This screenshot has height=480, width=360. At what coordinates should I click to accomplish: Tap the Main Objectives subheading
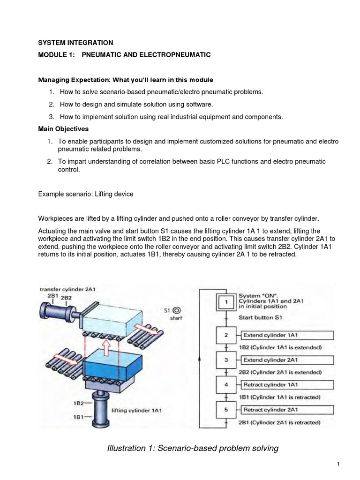63,128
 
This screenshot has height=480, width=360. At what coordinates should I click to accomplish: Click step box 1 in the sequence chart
226,302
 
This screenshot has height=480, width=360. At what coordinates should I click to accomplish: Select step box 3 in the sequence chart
226,360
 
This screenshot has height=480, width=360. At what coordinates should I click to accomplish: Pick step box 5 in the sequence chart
226,410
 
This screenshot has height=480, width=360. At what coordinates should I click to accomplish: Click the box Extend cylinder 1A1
287,335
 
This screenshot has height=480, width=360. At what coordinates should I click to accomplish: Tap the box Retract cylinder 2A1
287,410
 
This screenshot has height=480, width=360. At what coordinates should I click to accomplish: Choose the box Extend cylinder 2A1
287,360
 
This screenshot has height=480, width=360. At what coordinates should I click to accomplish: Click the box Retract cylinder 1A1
287,385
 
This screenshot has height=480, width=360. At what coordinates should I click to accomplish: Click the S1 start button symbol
177,310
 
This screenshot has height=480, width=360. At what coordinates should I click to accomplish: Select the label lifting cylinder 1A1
137,410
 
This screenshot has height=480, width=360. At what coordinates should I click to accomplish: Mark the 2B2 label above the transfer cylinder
66,297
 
